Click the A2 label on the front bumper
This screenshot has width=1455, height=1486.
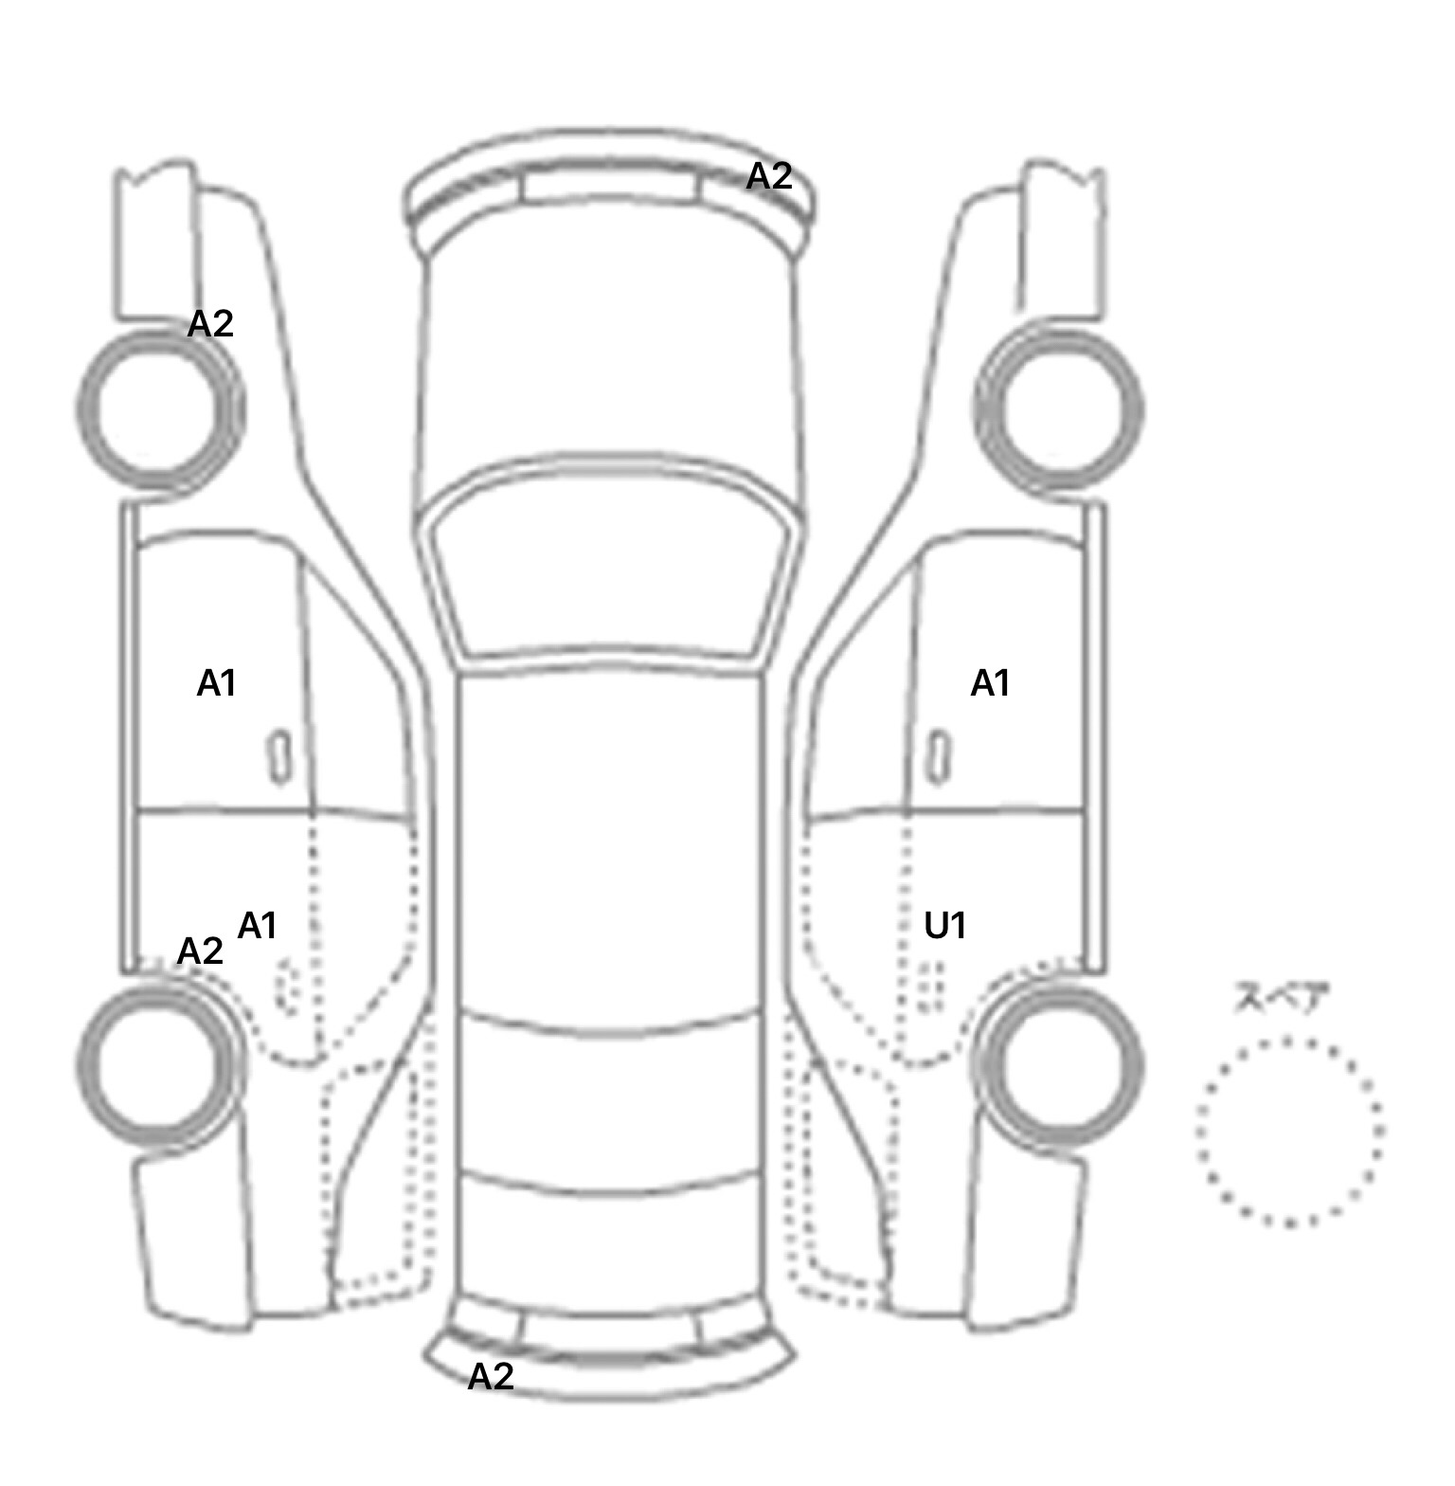pos(768,176)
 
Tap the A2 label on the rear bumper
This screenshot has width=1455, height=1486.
pos(491,1376)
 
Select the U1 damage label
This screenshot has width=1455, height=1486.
pos(944,925)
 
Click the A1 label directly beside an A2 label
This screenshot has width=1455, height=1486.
pos(257,925)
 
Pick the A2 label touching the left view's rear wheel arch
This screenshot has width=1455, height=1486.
pos(200,951)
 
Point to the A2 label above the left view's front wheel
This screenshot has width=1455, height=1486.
pos(210,324)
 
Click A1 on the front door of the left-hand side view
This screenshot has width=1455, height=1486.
pos(216,682)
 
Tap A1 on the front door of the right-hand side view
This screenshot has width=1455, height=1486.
pos(990,682)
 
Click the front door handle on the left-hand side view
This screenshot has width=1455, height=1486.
pos(279,756)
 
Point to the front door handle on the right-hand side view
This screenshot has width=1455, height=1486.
pos(938,756)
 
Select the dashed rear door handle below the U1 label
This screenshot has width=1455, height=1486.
pos(932,986)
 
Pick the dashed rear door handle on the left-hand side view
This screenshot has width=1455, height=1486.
pos(286,986)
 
